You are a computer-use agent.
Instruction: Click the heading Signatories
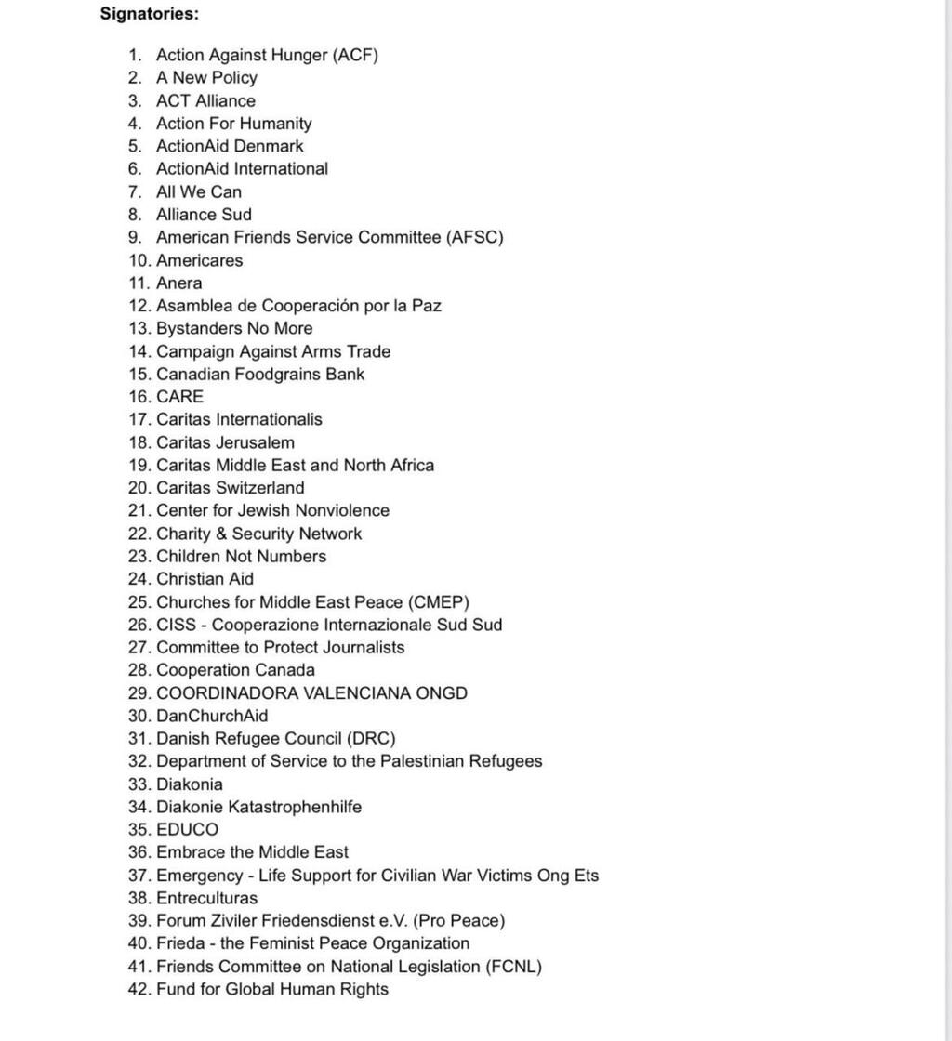coord(149,14)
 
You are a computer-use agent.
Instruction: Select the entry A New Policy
coord(206,78)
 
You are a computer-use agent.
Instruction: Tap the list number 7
coord(135,191)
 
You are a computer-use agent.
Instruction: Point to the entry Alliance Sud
coord(204,215)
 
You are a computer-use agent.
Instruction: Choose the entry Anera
coord(178,283)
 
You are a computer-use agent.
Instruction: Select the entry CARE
coord(179,397)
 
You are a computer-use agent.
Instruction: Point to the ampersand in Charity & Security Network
coord(219,534)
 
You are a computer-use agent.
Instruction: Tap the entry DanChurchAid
coord(212,716)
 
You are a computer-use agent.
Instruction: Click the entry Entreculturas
coord(206,898)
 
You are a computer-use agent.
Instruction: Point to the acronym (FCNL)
coord(513,967)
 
